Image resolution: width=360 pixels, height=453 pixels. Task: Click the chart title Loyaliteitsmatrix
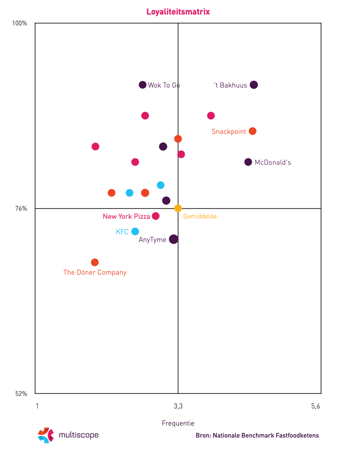178,12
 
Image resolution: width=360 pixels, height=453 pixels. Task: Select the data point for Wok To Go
143,85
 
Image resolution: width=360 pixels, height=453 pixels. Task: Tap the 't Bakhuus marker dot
254,85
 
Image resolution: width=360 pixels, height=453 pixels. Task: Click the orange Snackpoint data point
253,131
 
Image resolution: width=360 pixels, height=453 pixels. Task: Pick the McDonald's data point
248,162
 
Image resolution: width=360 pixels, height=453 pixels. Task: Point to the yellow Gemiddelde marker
178,209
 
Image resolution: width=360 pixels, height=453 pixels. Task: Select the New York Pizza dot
156,216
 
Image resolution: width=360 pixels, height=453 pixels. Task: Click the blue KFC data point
135,232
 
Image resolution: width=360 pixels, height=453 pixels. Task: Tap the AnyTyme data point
173,239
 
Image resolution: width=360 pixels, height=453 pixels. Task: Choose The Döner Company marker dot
95,262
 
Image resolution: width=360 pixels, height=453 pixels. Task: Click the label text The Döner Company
95,272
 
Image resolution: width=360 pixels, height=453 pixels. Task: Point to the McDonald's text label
273,163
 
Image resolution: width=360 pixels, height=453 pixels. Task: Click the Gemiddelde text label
200,217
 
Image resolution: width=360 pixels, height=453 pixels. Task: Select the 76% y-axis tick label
21,209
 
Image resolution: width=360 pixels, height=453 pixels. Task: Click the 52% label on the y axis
21,394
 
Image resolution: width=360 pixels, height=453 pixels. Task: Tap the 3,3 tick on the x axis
178,406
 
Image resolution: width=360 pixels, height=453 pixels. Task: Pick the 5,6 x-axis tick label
315,406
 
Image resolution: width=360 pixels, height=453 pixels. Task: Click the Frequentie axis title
178,423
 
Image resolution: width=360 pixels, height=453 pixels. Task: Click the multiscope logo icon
46,435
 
